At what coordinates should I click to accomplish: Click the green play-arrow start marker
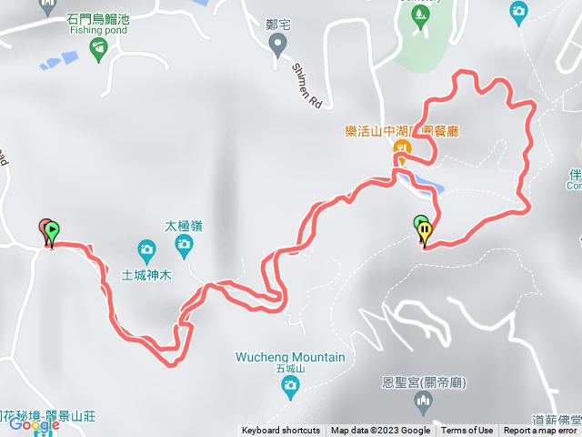52,230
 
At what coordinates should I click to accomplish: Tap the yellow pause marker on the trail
425,231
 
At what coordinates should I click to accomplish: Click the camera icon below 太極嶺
184,243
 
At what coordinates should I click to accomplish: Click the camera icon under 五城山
290,389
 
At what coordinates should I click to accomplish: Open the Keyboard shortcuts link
281,431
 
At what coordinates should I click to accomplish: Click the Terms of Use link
467,431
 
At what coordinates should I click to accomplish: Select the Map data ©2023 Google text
380,431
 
